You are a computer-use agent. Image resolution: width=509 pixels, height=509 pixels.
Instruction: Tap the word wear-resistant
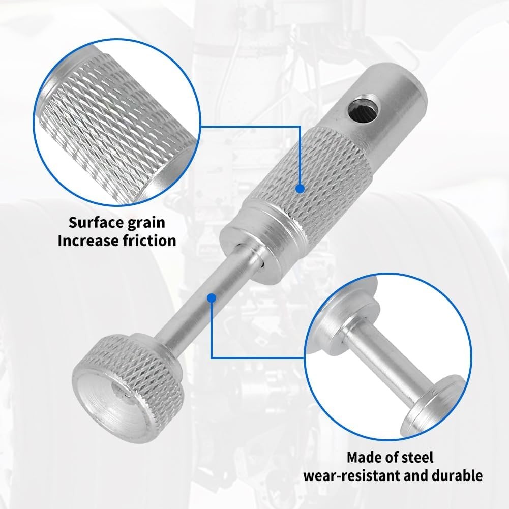click(x=352, y=476)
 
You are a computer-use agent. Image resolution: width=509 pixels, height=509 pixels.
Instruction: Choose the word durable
click(x=457, y=475)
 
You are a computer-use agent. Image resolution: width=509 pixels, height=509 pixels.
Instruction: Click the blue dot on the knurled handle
click(x=301, y=188)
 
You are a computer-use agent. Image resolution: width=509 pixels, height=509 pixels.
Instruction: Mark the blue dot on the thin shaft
click(x=212, y=298)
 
